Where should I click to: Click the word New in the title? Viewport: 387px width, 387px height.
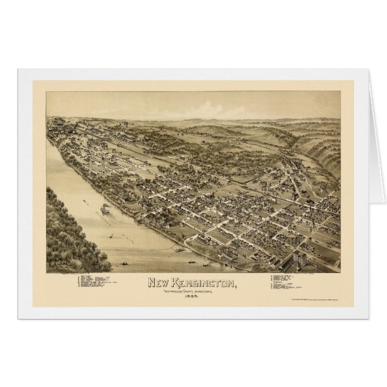coord(159,282)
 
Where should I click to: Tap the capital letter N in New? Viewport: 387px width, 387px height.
coord(152,282)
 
